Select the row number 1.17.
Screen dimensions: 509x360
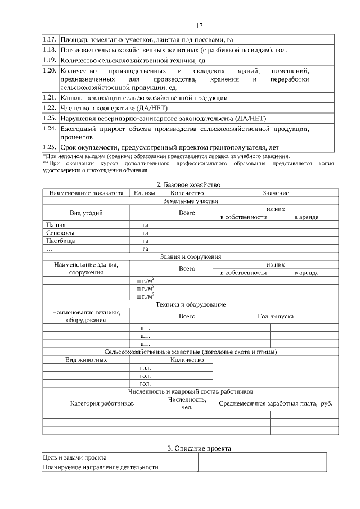coord(50,40)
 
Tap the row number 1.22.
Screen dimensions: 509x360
coord(50,108)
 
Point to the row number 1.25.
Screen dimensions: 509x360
coord(50,147)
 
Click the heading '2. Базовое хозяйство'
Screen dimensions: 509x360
coord(188,184)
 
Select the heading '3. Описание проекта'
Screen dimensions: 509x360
coord(199,448)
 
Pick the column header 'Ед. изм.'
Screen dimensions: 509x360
coord(145,193)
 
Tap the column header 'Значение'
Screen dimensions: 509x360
coord(276,193)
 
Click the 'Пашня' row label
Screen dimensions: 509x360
coord(56,225)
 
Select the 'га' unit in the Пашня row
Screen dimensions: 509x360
coord(145,225)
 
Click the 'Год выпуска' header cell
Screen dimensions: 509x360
coord(276,316)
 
